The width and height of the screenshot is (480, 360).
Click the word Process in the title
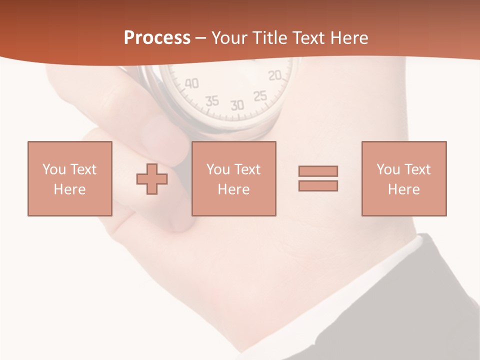point(157,38)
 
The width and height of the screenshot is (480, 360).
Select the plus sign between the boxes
point(152,179)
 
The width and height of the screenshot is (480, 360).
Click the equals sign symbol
point(318,178)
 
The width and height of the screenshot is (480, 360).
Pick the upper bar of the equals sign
point(318,171)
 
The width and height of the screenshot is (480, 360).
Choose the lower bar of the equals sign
point(318,185)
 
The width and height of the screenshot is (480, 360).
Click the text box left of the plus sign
point(70,178)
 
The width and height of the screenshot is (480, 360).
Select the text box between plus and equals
point(234,178)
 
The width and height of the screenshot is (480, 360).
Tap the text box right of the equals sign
point(404,178)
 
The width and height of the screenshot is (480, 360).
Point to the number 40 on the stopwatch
point(191,83)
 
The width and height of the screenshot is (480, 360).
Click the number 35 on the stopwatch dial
point(212,101)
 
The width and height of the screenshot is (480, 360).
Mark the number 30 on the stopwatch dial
point(237,105)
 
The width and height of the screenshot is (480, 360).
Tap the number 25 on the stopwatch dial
point(260,96)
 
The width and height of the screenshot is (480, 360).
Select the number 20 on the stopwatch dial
point(275,76)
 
